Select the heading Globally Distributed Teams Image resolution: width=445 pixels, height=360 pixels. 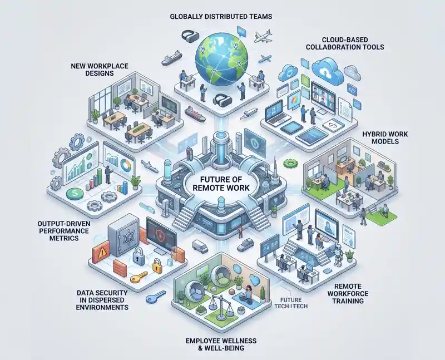click(x=221, y=17)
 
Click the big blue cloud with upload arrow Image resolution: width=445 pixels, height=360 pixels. click(x=327, y=71)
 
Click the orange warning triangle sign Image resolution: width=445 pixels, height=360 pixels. click(x=101, y=252)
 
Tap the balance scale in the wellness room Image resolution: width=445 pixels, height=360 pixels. click(x=219, y=305)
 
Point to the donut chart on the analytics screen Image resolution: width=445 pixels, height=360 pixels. click(x=125, y=165)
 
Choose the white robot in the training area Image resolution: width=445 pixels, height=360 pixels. click(x=338, y=254)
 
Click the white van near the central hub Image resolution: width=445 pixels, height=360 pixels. click(x=200, y=246)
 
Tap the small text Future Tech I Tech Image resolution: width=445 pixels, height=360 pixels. click(x=291, y=303)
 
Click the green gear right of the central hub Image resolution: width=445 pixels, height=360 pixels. click(x=290, y=163)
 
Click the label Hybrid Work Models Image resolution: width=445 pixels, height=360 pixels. click(x=385, y=137)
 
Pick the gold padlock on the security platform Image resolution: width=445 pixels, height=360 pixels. click(x=157, y=265)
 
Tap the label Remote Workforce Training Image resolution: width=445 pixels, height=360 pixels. click(x=348, y=294)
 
